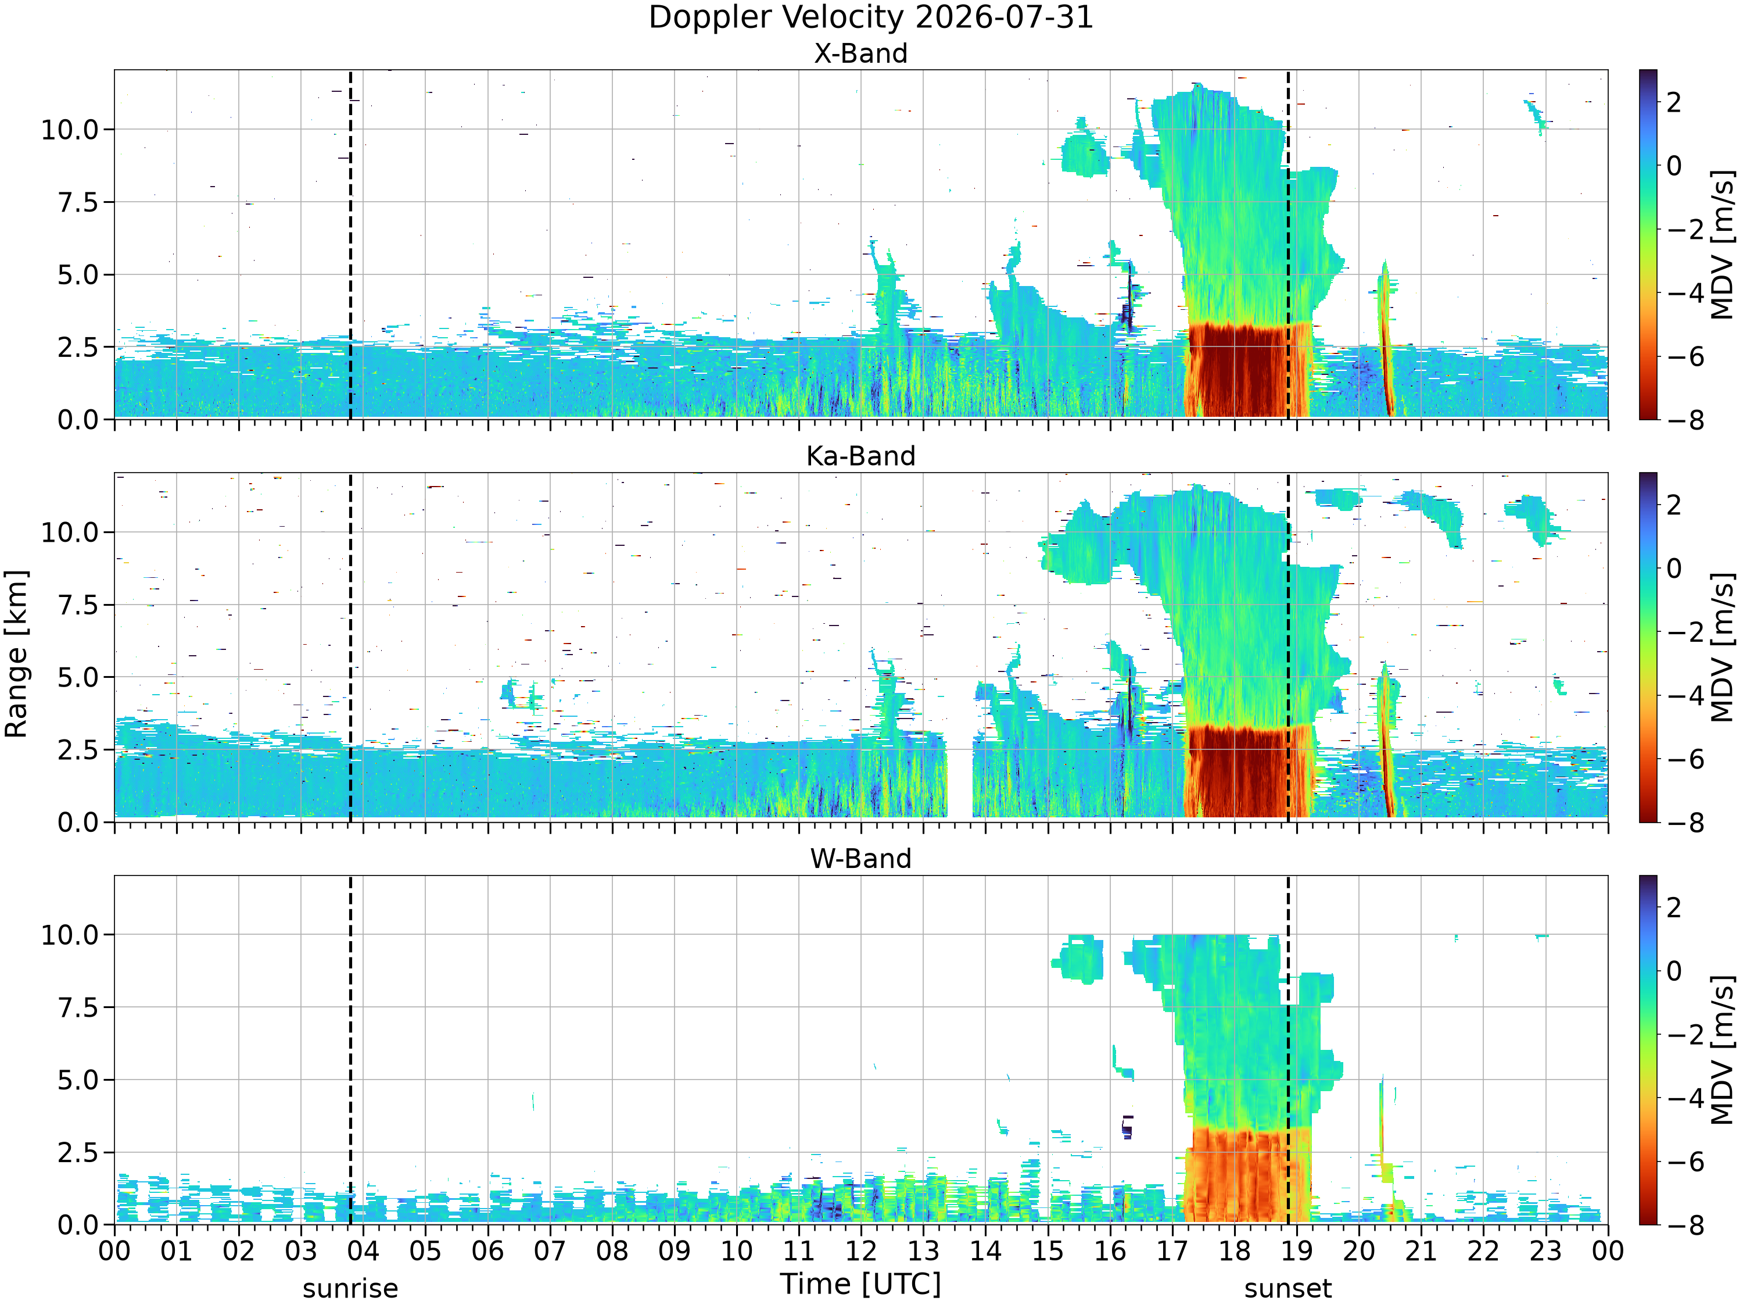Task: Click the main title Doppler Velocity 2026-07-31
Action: point(871,17)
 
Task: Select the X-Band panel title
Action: point(860,53)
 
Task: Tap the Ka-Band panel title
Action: point(860,456)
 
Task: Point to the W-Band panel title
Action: point(860,859)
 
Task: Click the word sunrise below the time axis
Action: point(351,1289)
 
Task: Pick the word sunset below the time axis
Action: point(1288,1289)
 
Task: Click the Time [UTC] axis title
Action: point(860,1284)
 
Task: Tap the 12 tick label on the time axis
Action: point(860,1251)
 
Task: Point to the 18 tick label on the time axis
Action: point(1234,1251)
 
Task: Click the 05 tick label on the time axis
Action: point(425,1251)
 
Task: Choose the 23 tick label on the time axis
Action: point(1545,1251)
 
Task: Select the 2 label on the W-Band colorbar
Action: point(1674,907)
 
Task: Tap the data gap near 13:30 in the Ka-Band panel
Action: point(960,781)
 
